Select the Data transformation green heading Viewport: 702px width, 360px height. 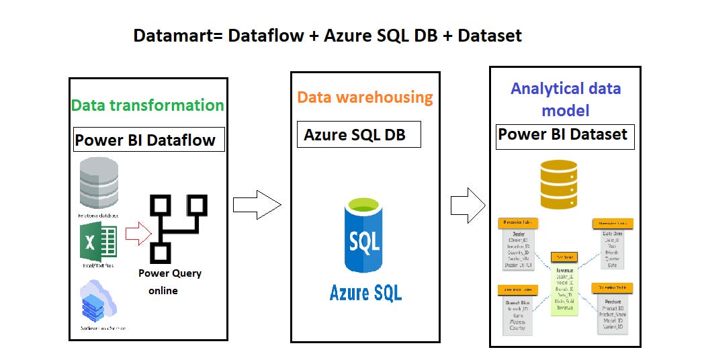[x=147, y=105]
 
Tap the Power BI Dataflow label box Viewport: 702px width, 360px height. [x=146, y=140]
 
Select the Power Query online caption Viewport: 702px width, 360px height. [x=169, y=281]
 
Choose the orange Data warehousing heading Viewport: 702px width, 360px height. [x=365, y=97]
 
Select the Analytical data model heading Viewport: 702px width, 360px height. [x=565, y=99]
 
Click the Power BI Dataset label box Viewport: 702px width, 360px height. [x=565, y=135]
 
